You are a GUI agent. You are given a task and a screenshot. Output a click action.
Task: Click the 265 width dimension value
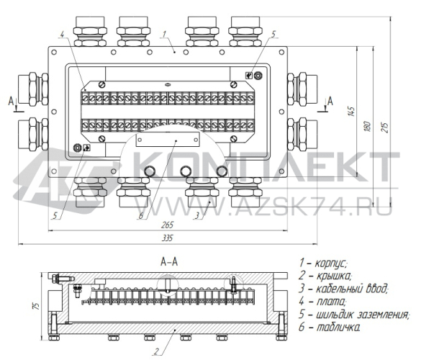point(167,225)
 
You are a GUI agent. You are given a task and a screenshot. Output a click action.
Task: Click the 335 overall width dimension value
point(167,238)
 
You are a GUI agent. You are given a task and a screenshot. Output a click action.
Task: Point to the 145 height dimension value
point(351,112)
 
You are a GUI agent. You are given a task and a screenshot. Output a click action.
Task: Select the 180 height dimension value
point(368,127)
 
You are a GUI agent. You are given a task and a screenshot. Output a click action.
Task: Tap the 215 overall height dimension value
point(384,127)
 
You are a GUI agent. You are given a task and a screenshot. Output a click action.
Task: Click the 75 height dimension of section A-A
point(36,306)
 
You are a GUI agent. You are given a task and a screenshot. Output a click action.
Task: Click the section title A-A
point(169,261)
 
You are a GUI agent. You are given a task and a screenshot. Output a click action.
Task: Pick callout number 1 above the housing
point(165,34)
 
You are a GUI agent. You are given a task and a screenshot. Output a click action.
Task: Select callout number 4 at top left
point(62,34)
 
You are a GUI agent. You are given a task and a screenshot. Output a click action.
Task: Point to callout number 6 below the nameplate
point(141,215)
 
